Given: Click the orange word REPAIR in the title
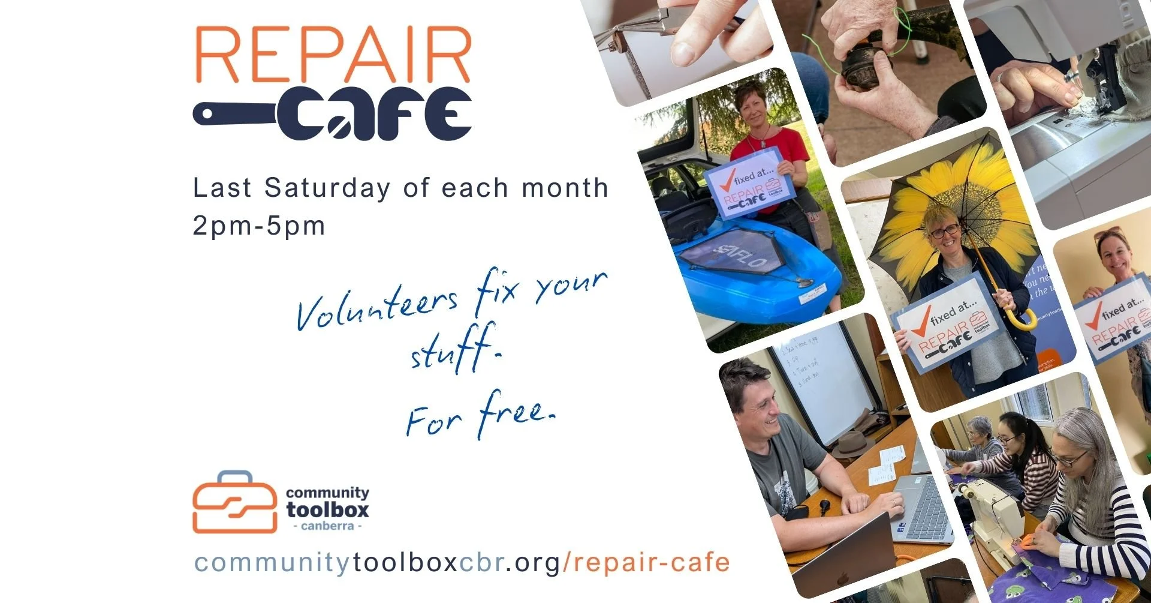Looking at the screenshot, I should tap(333, 55).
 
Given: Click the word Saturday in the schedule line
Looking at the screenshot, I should tap(327, 188).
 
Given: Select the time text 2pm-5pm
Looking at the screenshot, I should tap(259, 226).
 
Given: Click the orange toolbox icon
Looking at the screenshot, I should tap(234, 503).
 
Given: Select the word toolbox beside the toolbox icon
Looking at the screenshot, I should tap(327, 510).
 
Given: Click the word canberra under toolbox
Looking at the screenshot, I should tap(327, 526).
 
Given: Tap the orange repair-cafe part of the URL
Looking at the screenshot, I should tap(650, 563).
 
